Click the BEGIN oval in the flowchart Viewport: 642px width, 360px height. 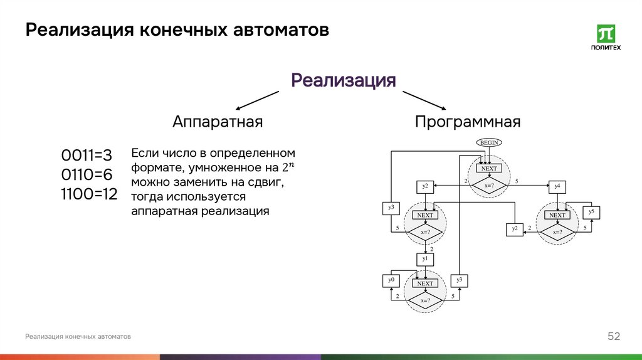489,142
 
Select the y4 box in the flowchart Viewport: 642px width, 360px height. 557,186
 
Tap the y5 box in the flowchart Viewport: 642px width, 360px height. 591,213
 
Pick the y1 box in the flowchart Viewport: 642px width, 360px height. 425,258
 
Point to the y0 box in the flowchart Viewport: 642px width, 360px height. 391,280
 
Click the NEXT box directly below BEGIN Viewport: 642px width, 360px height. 488,168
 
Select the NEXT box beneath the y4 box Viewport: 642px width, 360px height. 557,215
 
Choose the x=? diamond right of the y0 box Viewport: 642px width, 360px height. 425,300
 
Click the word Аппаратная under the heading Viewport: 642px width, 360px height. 217,122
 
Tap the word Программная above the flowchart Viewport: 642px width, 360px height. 467,122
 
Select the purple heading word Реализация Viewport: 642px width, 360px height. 343,80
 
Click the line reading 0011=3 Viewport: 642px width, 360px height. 86,155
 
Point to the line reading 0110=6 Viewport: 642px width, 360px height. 87,174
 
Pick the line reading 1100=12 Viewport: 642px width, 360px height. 89,194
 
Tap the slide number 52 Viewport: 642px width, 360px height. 613,337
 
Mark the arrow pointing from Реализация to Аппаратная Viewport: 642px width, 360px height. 257,100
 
